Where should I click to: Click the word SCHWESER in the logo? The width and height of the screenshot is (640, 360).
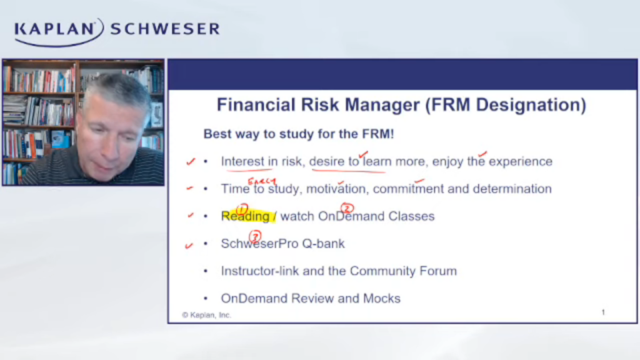(x=165, y=29)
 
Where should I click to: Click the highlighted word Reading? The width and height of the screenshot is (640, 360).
(x=245, y=216)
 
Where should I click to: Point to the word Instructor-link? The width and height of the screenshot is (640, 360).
(x=259, y=271)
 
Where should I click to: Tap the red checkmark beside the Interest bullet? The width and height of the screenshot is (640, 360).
(x=191, y=162)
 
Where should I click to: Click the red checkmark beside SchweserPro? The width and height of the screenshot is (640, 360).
(x=189, y=245)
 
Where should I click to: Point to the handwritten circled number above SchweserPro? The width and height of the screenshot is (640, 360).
(x=255, y=236)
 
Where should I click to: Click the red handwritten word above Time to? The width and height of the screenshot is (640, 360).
(x=262, y=181)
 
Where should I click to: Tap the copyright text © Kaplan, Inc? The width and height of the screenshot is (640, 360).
(x=206, y=315)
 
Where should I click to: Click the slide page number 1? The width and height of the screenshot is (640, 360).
(x=603, y=312)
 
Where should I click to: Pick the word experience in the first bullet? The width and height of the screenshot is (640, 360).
(x=521, y=161)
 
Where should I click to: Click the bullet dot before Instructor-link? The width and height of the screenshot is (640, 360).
(x=206, y=271)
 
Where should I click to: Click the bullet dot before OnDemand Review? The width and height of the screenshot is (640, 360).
(x=206, y=299)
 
